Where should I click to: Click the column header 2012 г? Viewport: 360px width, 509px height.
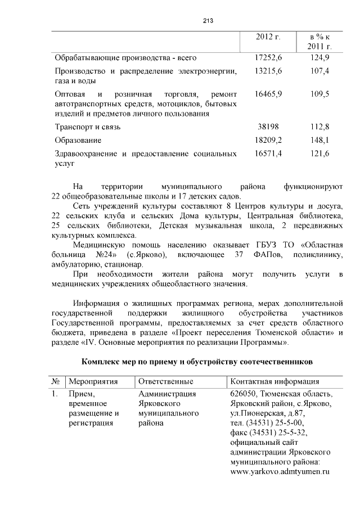pyautogui.click(x=268, y=37)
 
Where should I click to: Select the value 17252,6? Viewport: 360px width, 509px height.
pyautogui.click(x=268, y=58)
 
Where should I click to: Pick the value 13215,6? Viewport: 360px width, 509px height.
pyautogui.click(x=268, y=71)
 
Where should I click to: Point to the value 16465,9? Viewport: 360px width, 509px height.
pyautogui.click(x=268, y=93)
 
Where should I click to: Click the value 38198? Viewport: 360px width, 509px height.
pyautogui.click(x=268, y=127)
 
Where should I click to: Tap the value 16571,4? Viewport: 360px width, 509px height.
pyautogui.click(x=268, y=154)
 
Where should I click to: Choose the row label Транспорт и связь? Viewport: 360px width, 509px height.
pyautogui.click(x=88, y=127)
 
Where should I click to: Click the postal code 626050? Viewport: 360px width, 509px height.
pyautogui.click(x=244, y=394)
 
